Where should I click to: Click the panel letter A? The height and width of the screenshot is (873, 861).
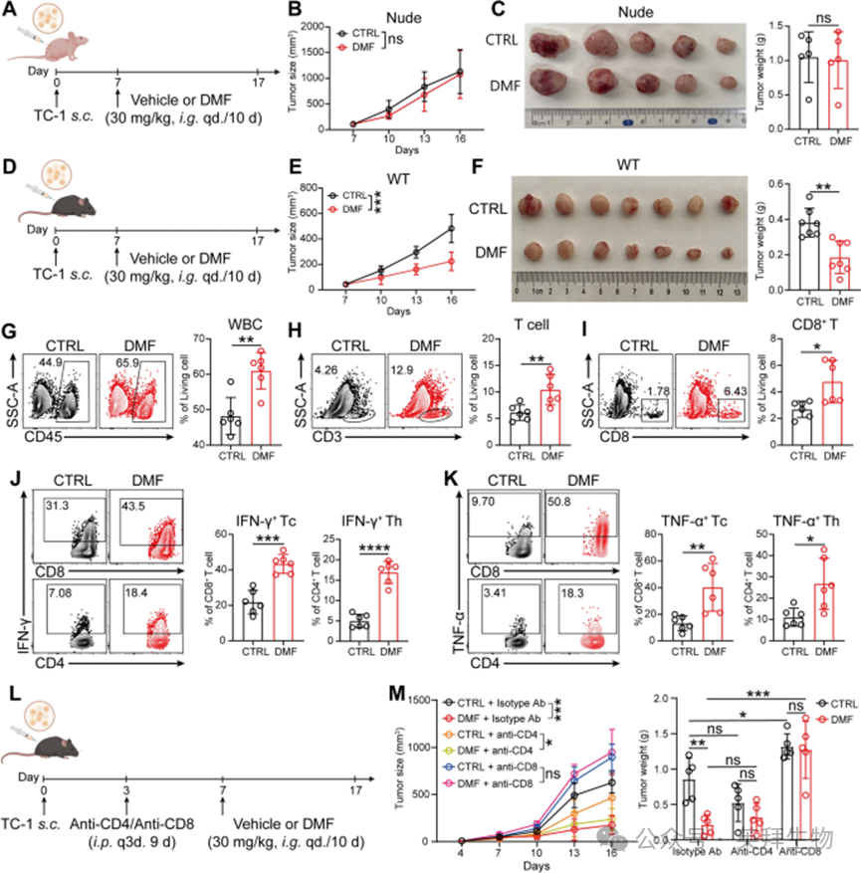click(x=11, y=11)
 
